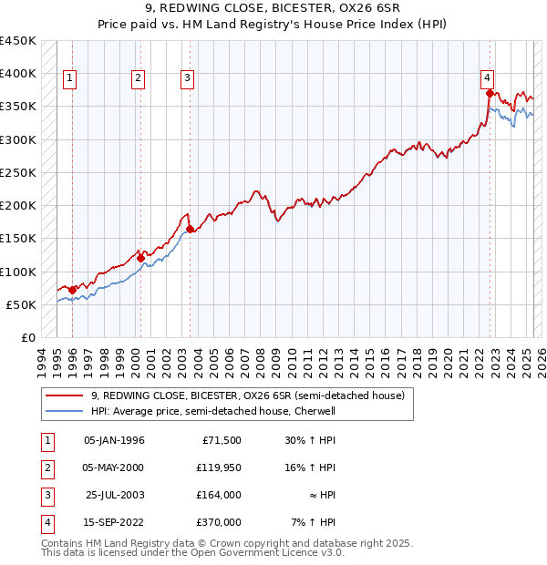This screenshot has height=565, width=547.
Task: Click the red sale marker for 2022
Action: point(490,93)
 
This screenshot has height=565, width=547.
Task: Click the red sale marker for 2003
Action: point(190,229)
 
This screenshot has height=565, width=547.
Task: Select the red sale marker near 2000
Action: point(140,258)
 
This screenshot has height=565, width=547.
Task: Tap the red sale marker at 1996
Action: point(72,290)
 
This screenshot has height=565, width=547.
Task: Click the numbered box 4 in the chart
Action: point(488,78)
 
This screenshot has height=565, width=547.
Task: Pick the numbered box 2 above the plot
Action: point(138,78)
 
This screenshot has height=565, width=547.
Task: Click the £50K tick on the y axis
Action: point(22,304)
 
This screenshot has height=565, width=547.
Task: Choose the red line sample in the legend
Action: point(64,395)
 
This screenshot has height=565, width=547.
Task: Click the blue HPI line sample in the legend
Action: point(64,411)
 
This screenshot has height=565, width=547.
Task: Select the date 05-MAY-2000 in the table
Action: point(113,467)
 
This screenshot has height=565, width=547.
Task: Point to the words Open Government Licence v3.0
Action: point(263,552)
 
